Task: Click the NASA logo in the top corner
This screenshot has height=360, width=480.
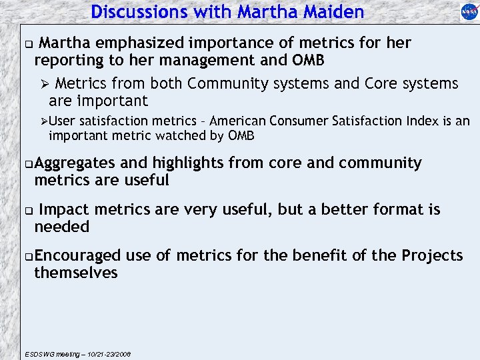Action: (x=469, y=12)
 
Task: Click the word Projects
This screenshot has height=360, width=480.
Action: (x=432, y=256)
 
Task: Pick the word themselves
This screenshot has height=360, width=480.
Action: (x=76, y=273)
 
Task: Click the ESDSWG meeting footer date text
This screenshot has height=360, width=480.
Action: (x=77, y=354)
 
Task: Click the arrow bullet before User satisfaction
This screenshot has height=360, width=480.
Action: (x=43, y=121)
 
